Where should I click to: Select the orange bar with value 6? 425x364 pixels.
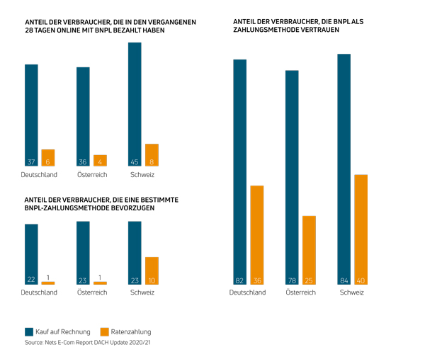tap(48, 158)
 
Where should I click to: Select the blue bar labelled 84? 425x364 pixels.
tap(344, 169)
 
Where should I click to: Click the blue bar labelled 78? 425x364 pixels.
tap(292, 177)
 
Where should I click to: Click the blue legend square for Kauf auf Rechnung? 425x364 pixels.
tap(29, 331)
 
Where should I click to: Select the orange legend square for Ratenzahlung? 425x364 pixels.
tap(105, 331)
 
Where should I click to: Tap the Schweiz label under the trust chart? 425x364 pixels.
tap(352, 292)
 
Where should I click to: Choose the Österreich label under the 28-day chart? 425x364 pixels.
tap(91, 175)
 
